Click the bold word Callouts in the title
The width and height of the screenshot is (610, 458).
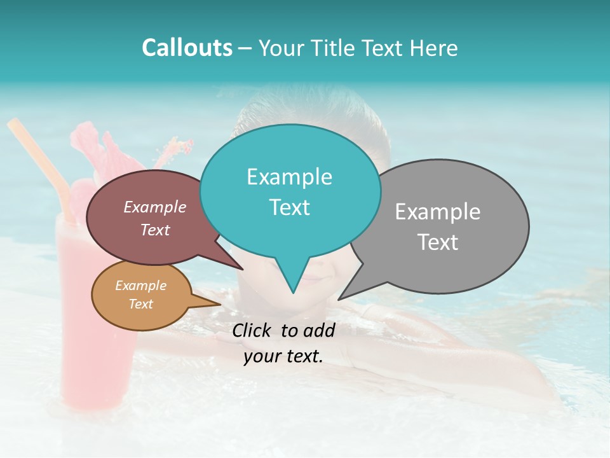(187, 48)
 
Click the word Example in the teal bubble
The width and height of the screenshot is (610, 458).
(289, 177)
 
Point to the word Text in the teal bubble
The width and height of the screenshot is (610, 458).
(289, 207)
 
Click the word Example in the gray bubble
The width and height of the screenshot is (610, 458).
(437, 212)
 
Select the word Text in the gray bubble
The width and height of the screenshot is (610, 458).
(437, 242)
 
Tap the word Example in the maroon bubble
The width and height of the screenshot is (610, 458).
(154, 207)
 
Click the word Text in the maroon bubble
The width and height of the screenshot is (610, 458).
(154, 230)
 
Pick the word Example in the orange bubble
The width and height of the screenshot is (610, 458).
(140, 286)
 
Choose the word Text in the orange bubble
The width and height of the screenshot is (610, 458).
(140, 304)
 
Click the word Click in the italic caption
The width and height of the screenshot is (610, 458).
(252, 330)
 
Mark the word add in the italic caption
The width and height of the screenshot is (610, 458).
(319, 330)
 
